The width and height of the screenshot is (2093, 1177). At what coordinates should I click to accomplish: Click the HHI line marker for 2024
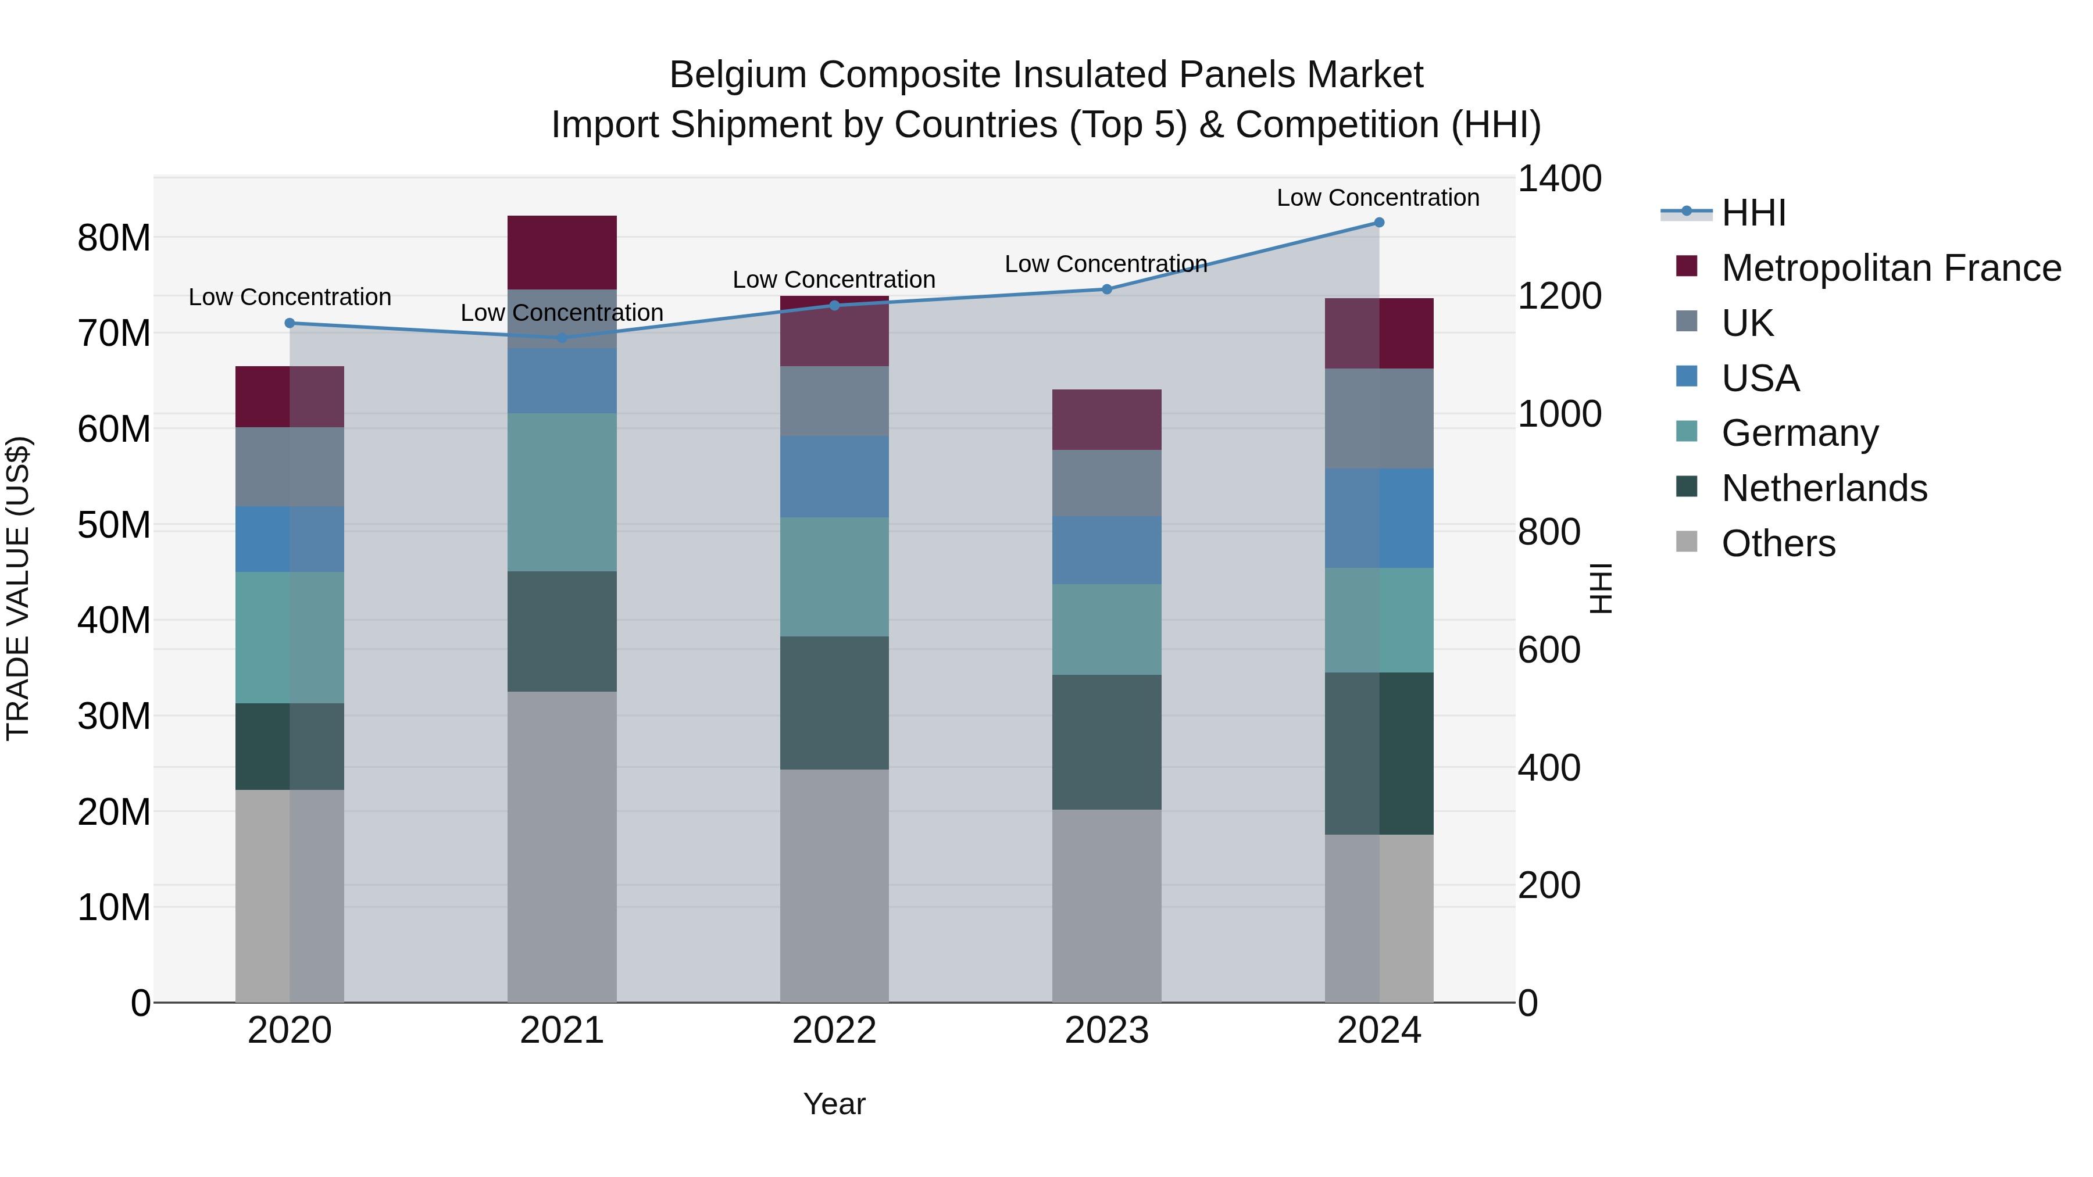(x=1379, y=223)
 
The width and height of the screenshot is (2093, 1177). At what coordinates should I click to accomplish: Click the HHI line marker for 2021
(x=562, y=338)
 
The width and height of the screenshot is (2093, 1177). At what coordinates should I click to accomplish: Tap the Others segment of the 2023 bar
(x=1106, y=905)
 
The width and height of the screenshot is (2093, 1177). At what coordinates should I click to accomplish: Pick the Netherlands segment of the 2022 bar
(x=834, y=703)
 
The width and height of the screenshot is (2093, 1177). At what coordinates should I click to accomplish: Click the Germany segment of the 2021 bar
(x=562, y=492)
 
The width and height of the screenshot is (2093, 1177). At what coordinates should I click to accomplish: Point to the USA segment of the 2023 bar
(x=1106, y=550)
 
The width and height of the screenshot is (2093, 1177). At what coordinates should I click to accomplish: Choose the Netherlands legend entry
(x=1823, y=488)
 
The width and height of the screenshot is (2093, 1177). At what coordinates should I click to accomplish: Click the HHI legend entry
(x=1753, y=213)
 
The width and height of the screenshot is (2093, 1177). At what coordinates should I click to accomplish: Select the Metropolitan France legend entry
(x=1890, y=268)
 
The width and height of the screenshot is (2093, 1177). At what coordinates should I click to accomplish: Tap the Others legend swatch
(x=1687, y=542)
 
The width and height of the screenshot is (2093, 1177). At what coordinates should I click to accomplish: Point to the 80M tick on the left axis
(x=114, y=238)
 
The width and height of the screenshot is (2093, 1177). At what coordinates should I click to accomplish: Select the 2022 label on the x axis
(x=834, y=1031)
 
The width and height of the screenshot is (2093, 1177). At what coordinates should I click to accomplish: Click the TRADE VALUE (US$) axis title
(x=18, y=588)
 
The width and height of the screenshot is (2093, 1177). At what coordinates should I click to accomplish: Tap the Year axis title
(x=834, y=1104)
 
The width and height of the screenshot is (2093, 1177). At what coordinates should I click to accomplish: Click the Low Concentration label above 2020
(x=290, y=297)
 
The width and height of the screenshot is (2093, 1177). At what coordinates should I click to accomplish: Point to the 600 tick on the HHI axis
(x=1549, y=650)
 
